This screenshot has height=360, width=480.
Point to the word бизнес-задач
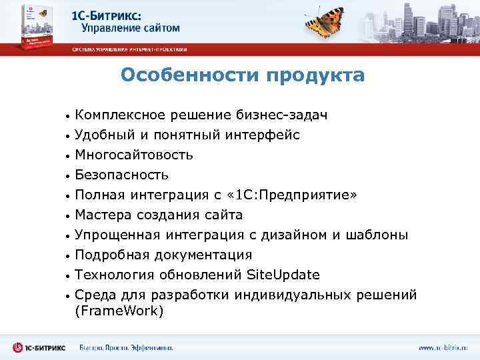coord(279,115)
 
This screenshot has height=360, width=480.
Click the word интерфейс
coord(260,135)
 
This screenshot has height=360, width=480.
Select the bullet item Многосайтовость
coord(134,155)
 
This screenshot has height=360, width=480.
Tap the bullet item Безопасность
coord(121,175)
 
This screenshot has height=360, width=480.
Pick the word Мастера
coord(103,215)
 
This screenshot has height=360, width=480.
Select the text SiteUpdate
coord(283,275)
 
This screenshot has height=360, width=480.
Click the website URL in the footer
coord(443,347)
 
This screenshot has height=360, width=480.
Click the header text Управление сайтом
coord(131,28)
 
